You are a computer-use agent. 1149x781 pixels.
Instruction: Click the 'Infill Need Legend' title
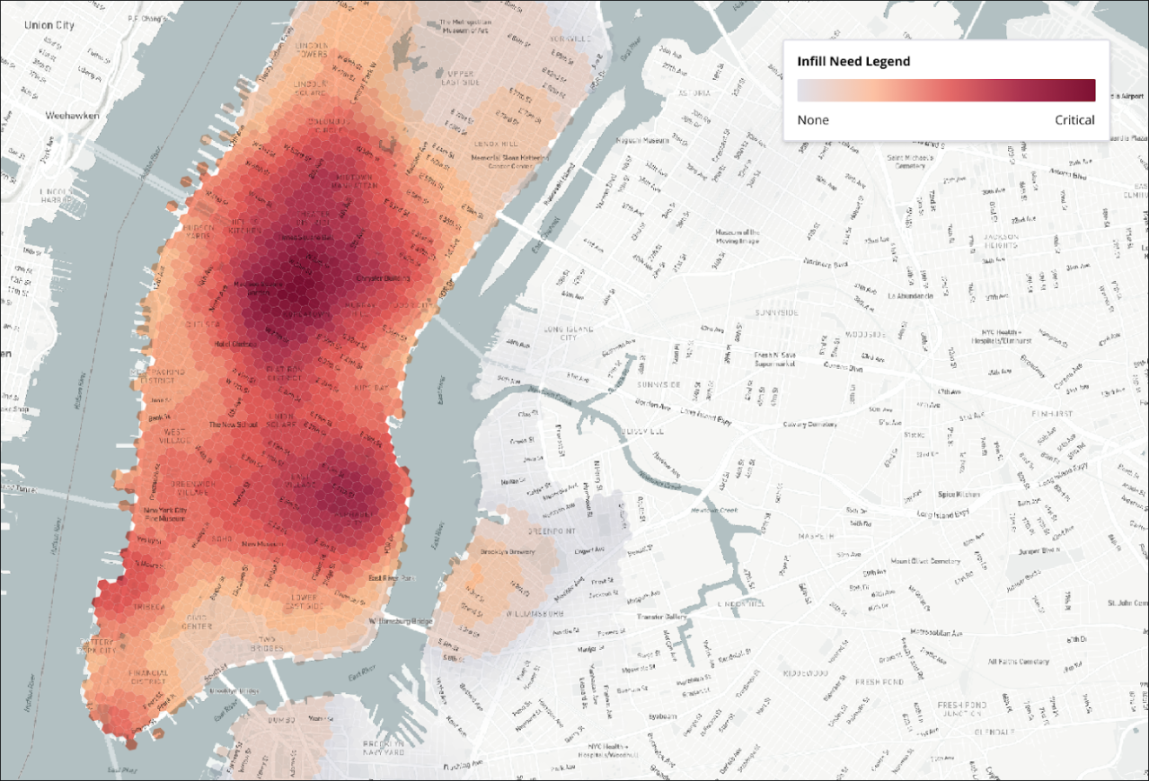point(853,61)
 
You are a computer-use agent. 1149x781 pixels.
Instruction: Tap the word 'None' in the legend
point(813,120)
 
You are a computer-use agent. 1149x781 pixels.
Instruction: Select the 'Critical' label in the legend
point(1074,120)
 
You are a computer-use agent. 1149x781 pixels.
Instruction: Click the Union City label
point(27,24)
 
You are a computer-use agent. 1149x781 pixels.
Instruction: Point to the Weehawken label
point(71,116)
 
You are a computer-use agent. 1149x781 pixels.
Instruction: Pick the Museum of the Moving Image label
point(738,235)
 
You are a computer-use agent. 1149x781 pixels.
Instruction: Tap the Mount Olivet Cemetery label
point(925,561)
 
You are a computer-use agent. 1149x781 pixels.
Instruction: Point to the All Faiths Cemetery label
point(1018,662)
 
